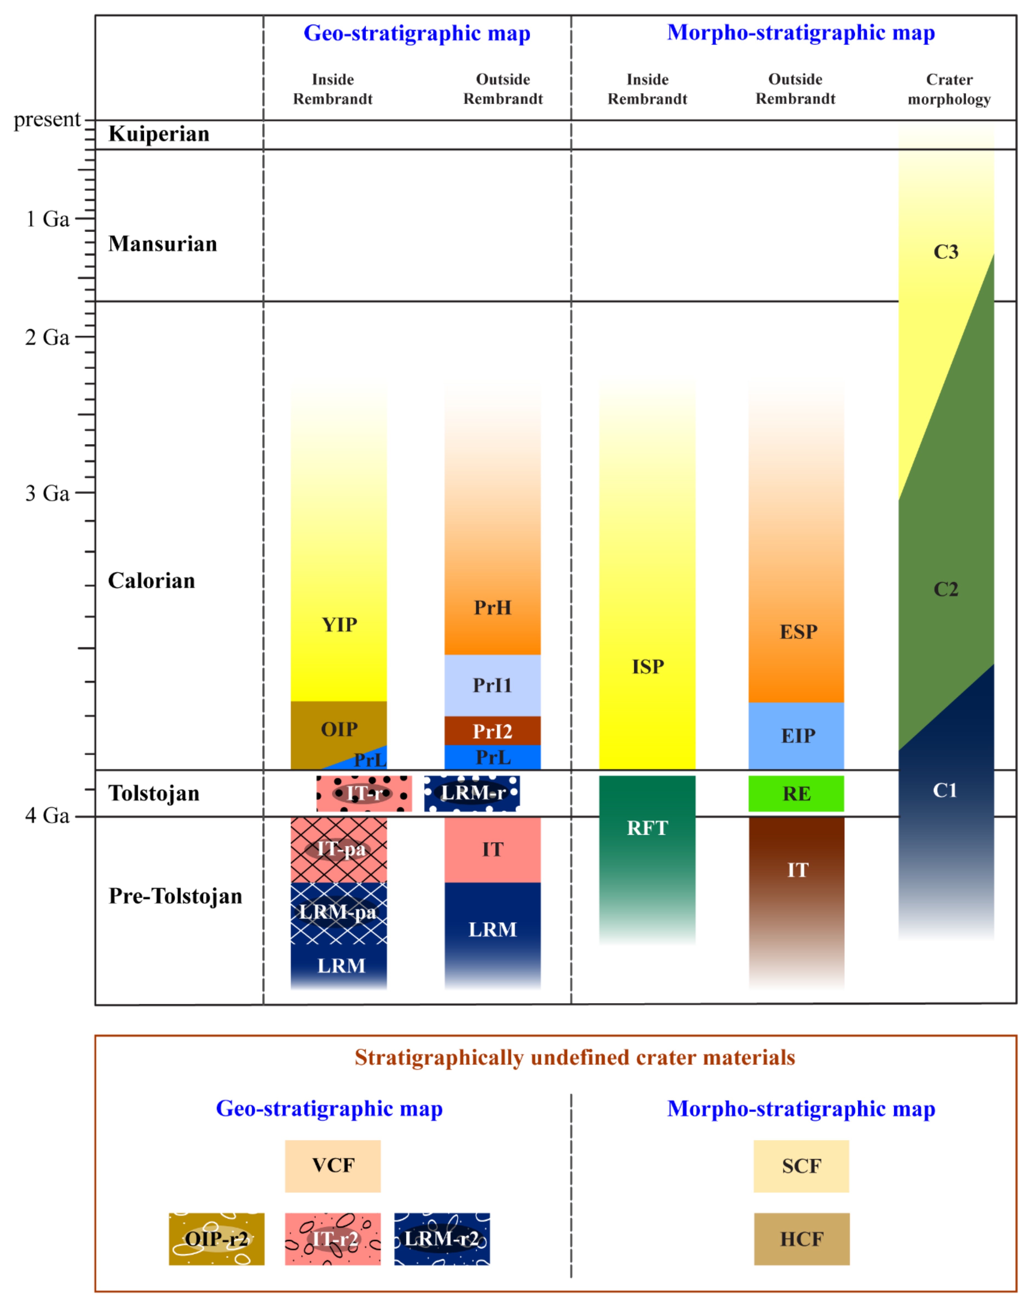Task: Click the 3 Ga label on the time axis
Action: [47, 493]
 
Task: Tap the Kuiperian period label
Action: [159, 134]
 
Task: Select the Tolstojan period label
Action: [154, 793]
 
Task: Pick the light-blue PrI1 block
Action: [492, 685]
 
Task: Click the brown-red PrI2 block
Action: [492, 731]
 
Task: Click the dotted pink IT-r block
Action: [364, 793]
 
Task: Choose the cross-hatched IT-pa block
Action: [339, 849]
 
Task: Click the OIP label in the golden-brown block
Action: [339, 729]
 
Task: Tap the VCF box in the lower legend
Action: [333, 1165]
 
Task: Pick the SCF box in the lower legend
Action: [802, 1165]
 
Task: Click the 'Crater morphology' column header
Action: [949, 89]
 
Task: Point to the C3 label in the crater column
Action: [946, 252]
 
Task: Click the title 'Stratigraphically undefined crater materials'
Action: [575, 1057]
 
